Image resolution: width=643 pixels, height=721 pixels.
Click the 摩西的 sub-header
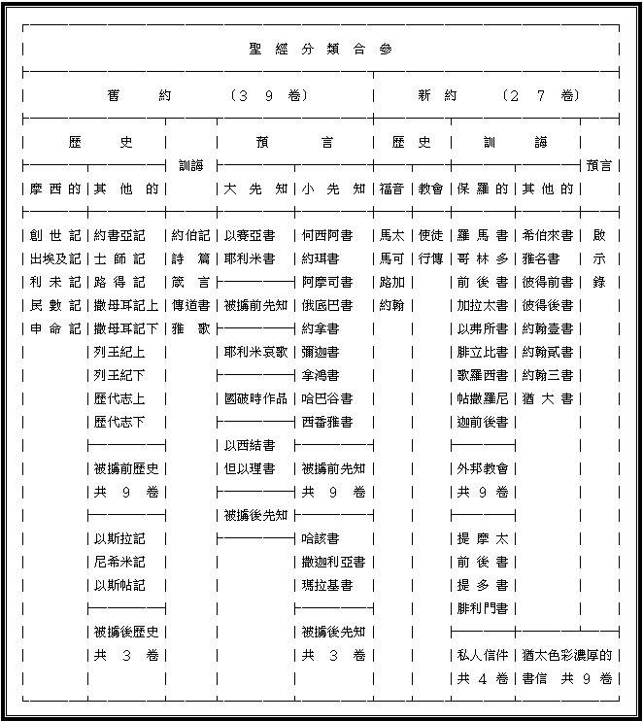(54, 189)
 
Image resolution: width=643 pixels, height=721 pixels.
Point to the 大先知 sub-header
(255, 189)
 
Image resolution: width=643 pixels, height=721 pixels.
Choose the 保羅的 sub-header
(482, 189)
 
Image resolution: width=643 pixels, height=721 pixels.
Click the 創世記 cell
(54, 235)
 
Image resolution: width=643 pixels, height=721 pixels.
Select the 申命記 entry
(54, 328)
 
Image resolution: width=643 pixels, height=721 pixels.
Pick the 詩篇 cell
(190, 258)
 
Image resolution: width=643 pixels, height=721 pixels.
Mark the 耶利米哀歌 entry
(255, 352)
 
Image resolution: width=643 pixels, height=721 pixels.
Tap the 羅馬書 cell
(482, 235)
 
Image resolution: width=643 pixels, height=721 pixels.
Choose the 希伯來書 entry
(547, 235)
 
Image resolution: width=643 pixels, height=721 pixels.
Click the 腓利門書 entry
(482, 608)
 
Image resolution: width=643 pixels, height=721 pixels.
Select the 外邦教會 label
(482, 468)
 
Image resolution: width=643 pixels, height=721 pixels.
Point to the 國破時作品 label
(255, 398)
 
